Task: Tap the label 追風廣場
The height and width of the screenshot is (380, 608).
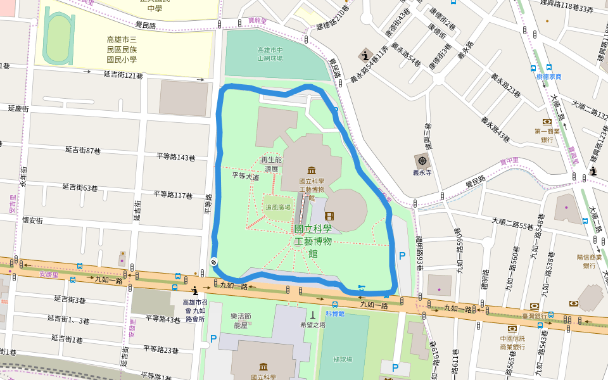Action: (278, 207)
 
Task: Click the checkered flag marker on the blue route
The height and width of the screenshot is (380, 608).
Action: (214, 262)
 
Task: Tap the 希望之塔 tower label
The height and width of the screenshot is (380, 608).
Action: (312, 325)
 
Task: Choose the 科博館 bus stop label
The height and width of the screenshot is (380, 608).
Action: (335, 313)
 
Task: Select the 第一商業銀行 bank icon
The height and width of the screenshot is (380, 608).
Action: (547, 122)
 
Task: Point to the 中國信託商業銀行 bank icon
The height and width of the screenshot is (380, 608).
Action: (512, 329)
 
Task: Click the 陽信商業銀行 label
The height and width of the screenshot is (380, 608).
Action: (589, 262)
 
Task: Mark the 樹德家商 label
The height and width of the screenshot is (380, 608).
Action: (548, 77)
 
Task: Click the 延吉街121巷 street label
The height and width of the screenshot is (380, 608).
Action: (123, 75)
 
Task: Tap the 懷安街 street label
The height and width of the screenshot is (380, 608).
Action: (32, 220)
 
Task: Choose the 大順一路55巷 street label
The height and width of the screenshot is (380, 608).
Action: (513, 224)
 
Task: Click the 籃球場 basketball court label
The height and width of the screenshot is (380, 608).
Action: (343, 359)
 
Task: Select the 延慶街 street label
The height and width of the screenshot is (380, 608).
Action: (18, 109)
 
